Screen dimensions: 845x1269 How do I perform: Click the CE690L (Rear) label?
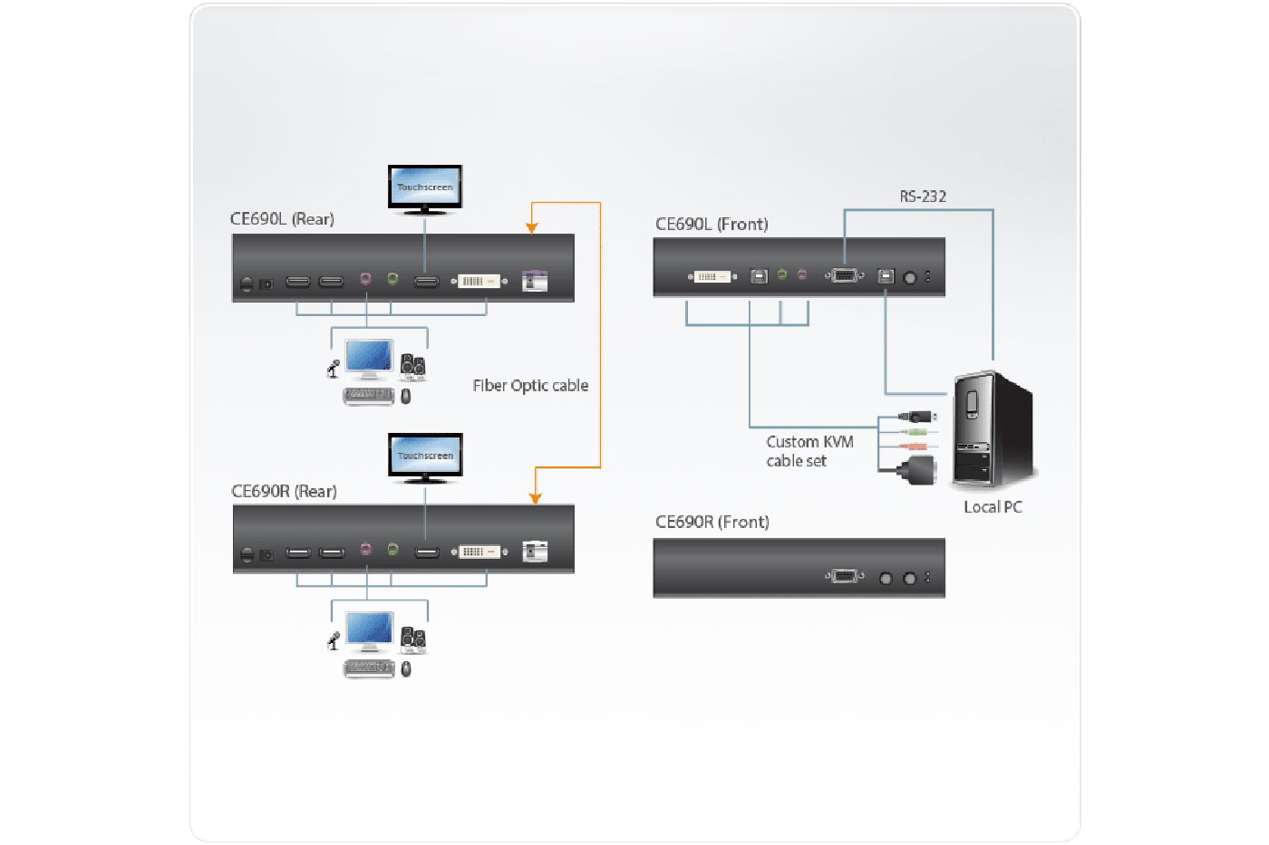(282, 219)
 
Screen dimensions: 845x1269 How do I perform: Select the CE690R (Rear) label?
(284, 492)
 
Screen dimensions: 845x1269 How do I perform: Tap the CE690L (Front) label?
(712, 225)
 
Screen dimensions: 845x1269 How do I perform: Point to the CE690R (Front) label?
(712, 523)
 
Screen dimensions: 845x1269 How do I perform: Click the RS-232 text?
(923, 197)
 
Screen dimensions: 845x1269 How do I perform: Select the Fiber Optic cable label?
(530, 386)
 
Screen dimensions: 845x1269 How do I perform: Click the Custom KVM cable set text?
(809, 451)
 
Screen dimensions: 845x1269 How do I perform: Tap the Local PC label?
(993, 507)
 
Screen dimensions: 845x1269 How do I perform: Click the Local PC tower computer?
(993, 430)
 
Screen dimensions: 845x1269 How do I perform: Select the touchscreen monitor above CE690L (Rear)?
(425, 188)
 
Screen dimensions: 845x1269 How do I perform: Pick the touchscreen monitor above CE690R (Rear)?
(425, 456)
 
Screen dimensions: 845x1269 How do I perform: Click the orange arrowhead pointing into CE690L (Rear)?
(532, 227)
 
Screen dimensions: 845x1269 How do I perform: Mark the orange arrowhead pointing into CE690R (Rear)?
(536, 498)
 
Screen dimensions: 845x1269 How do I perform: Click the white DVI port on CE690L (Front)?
(712, 276)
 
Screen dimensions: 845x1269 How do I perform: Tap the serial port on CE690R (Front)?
(844, 577)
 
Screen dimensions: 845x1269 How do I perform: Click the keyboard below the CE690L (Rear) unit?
(368, 396)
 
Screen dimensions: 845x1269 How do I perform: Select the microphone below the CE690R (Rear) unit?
(334, 640)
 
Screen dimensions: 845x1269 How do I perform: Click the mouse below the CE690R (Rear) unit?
(406, 669)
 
